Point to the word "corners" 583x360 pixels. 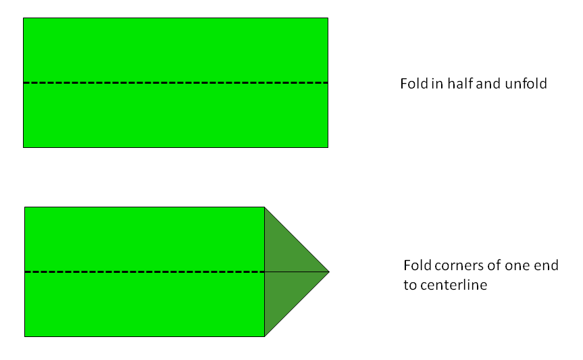coord(456,265)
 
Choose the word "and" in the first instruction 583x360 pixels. coord(487,84)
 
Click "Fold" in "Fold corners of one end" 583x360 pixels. coord(415,265)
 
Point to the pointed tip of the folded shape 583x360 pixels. coord(328,272)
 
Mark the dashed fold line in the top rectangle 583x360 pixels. coord(176,82)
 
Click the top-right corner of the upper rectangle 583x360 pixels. coord(328,18)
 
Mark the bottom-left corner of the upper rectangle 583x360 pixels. coord(24,147)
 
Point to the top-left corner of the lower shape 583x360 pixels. coord(25,207)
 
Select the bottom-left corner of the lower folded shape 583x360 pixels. coord(25,336)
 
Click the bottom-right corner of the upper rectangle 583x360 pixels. coord(328,147)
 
